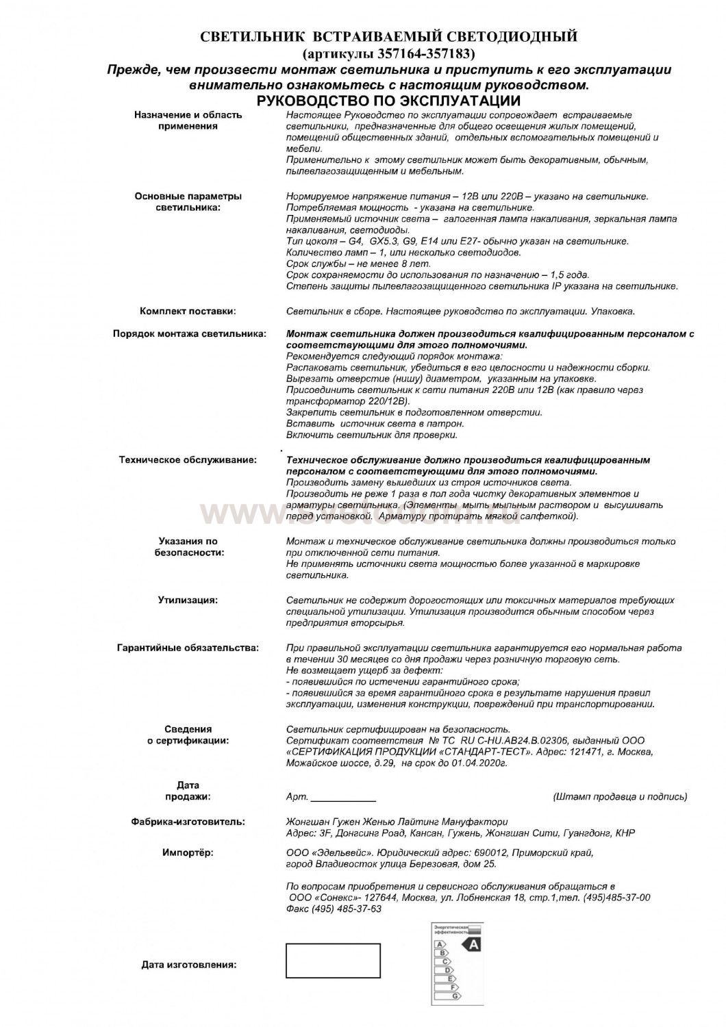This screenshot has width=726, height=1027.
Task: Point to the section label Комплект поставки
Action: coord(188,312)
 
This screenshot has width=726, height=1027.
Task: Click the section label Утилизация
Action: coord(188,600)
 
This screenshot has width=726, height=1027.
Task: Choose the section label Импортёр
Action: coord(188,853)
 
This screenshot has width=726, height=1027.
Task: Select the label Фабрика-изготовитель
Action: coord(188,822)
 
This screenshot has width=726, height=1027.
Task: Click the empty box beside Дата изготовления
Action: coord(333,960)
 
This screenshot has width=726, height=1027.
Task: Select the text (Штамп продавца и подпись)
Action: coord(619,797)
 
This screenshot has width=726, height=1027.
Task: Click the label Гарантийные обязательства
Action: coord(188,648)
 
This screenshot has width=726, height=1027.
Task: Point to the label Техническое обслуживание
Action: coord(188,460)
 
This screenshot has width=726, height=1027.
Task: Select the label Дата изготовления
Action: coord(189,965)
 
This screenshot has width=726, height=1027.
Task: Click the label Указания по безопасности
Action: coord(188,546)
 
